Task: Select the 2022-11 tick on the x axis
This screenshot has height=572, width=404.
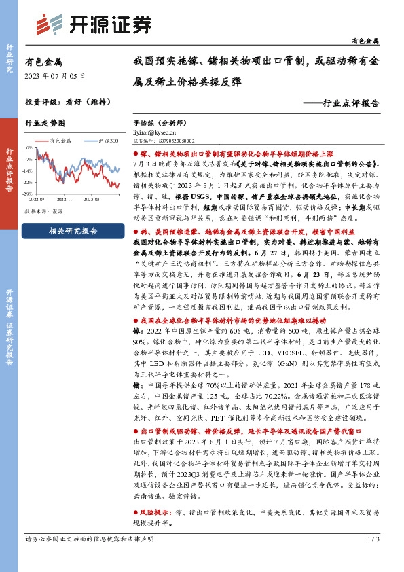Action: tap(65, 200)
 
